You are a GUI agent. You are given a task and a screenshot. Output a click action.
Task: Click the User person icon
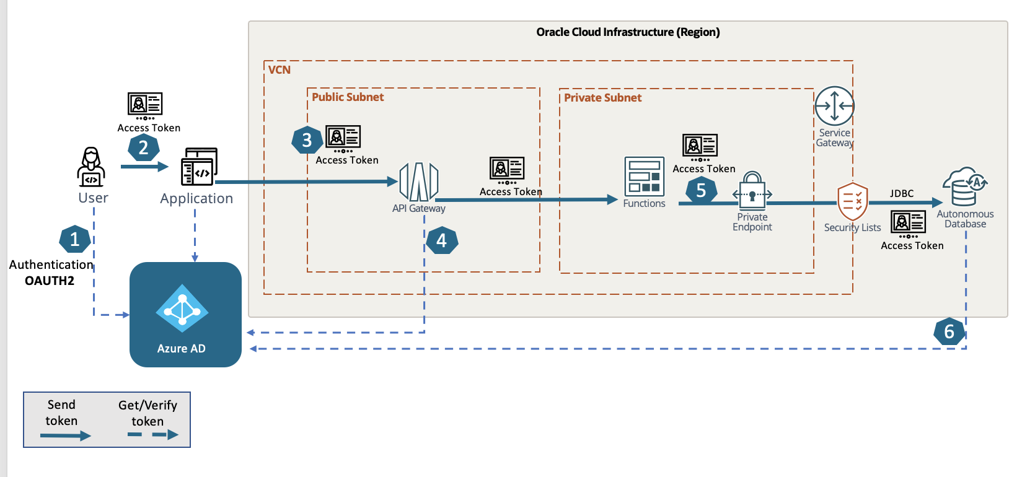(91, 167)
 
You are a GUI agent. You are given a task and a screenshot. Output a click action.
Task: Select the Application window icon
(199, 167)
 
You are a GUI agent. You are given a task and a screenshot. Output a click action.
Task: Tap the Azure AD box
(185, 314)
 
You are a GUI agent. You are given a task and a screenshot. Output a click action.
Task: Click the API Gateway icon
(419, 182)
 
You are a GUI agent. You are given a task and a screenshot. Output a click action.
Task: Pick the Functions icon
(644, 177)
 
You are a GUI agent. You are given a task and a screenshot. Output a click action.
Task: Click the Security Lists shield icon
(852, 201)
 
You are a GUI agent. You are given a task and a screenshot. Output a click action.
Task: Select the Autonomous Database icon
(964, 186)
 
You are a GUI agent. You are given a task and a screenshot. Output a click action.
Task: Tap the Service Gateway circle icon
(834, 106)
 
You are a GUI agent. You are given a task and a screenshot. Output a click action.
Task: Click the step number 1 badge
(75, 240)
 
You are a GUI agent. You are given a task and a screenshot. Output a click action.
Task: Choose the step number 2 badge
(144, 147)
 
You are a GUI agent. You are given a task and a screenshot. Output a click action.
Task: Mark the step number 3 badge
(307, 141)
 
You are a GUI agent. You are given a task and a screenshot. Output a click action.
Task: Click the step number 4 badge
(441, 240)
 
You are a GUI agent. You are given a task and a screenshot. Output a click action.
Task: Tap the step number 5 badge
(701, 190)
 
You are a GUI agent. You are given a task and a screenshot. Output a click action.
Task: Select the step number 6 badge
(949, 331)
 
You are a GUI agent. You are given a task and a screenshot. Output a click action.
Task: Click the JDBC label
(901, 193)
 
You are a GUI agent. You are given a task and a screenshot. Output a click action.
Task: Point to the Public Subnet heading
(348, 97)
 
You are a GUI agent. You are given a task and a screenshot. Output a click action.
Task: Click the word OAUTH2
(50, 281)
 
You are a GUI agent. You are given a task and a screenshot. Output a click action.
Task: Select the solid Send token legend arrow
(65, 436)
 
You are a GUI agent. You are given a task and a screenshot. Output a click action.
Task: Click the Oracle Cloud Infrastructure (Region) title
(628, 32)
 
